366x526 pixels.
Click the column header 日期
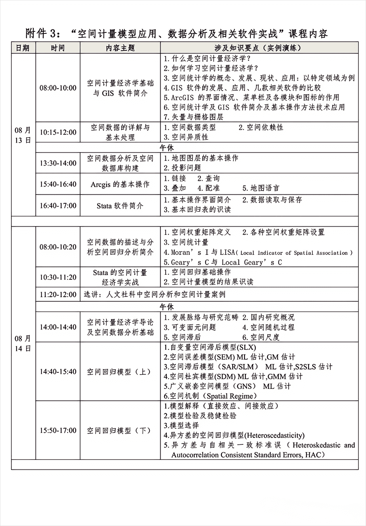coord(23,48)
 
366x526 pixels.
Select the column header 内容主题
coord(120,48)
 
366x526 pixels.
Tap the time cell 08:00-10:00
coord(58,88)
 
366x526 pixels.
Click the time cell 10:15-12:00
coord(58,132)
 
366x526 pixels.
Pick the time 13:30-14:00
coord(58,163)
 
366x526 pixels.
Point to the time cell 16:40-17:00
coord(58,206)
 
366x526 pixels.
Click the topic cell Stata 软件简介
coord(120,206)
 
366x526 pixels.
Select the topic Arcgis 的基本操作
coord(120,184)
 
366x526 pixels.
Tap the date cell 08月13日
coord(23,135)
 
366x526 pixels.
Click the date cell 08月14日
coord(23,343)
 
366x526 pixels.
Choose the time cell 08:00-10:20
coord(58,247)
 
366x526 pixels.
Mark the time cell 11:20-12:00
coord(58,294)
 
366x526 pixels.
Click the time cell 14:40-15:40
coord(58,372)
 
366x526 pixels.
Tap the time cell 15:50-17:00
coord(58,430)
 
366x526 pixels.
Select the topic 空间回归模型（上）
coord(119,372)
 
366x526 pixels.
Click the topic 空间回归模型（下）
coord(119,430)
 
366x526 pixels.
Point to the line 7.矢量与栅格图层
coord(194,117)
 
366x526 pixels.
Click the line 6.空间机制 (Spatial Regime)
coord(210,396)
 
